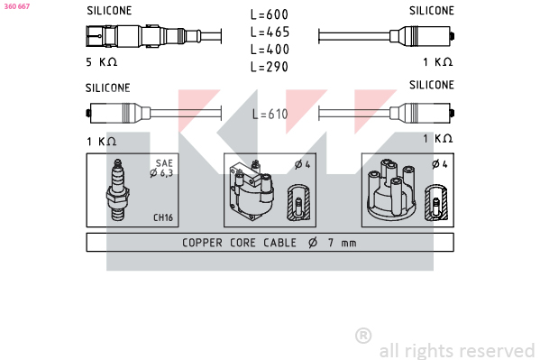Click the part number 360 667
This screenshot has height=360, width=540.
[x=17, y=6]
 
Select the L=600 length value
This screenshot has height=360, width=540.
[x=270, y=14]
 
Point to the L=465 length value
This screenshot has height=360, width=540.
[x=270, y=32]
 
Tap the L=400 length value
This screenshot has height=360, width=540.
[x=270, y=50]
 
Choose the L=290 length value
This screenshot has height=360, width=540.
[x=270, y=67]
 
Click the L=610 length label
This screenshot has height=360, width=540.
[x=270, y=115]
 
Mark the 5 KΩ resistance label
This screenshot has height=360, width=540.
[x=101, y=62]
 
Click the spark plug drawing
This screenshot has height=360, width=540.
[x=118, y=189]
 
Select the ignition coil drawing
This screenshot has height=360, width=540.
[x=252, y=190]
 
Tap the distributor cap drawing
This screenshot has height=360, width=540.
[x=392, y=189]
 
